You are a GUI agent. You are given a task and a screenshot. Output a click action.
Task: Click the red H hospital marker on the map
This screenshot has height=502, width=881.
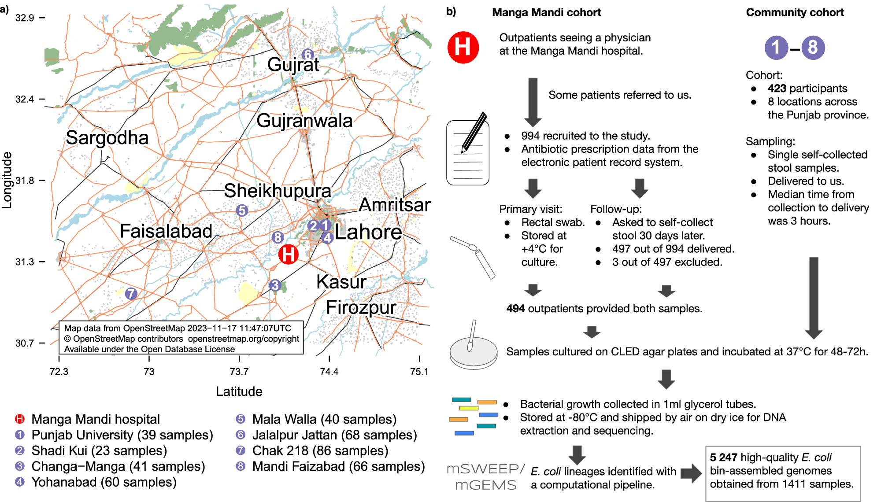[x=289, y=255]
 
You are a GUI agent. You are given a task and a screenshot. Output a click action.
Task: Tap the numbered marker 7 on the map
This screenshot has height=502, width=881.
[x=131, y=294]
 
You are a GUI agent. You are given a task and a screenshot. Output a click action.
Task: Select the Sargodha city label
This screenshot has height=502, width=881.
[x=107, y=138]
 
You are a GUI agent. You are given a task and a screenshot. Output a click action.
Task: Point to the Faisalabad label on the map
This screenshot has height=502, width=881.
[x=166, y=231]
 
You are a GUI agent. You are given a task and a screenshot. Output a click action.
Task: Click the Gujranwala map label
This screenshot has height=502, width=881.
[x=304, y=121]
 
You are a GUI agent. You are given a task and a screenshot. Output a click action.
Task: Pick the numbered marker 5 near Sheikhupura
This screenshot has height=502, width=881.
[x=242, y=210]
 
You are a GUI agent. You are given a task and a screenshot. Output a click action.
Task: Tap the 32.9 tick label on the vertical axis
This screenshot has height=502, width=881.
[x=25, y=18]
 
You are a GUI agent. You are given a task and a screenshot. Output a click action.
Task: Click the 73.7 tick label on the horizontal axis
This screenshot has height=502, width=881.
[x=239, y=372]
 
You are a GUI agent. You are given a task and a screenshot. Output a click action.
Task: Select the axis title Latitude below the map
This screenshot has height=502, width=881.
[x=239, y=391]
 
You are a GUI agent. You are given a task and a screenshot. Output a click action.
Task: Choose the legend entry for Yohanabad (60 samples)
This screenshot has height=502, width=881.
[x=104, y=482]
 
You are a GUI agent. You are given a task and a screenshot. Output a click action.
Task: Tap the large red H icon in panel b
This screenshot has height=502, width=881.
[x=463, y=47]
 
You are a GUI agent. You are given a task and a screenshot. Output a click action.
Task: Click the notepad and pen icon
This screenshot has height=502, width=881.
[x=468, y=150]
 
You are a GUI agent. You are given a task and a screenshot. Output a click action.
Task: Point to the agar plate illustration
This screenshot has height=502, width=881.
[x=473, y=351]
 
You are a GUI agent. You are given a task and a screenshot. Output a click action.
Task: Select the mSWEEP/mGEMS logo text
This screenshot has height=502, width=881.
[x=485, y=477]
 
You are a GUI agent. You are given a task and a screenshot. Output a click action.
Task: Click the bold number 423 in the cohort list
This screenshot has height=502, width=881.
[x=777, y=89]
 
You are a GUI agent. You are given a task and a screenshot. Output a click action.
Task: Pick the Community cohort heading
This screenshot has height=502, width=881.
[x=795, y=12]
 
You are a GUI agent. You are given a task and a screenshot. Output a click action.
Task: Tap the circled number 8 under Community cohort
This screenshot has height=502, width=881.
[x=813, y=48]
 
